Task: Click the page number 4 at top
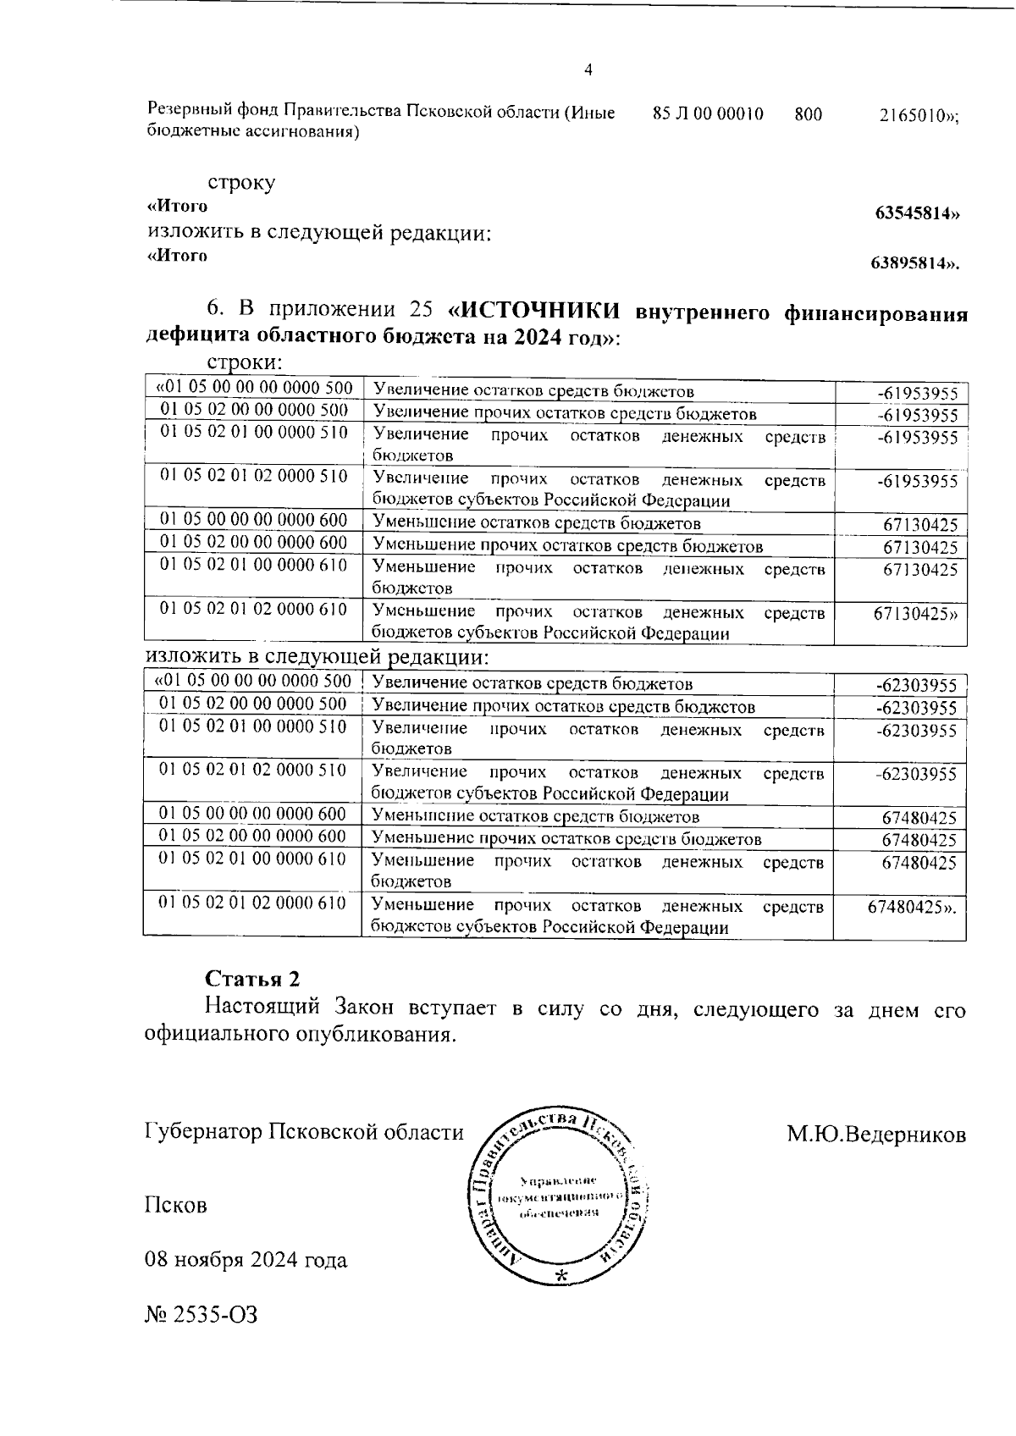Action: (x=588, y=70)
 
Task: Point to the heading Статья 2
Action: (x=252, y=978)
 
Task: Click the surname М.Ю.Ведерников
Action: (x=875, y=1134)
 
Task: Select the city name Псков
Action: (x=176, y=1205)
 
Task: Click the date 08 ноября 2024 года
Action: (x=246, y=1260)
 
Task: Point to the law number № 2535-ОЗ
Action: (x=201, y=1314)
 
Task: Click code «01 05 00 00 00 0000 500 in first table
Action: (x=253, y=388)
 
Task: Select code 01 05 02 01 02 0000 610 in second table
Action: (x=252, y=903)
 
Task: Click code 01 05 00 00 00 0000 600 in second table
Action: (x=252, y=815)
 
